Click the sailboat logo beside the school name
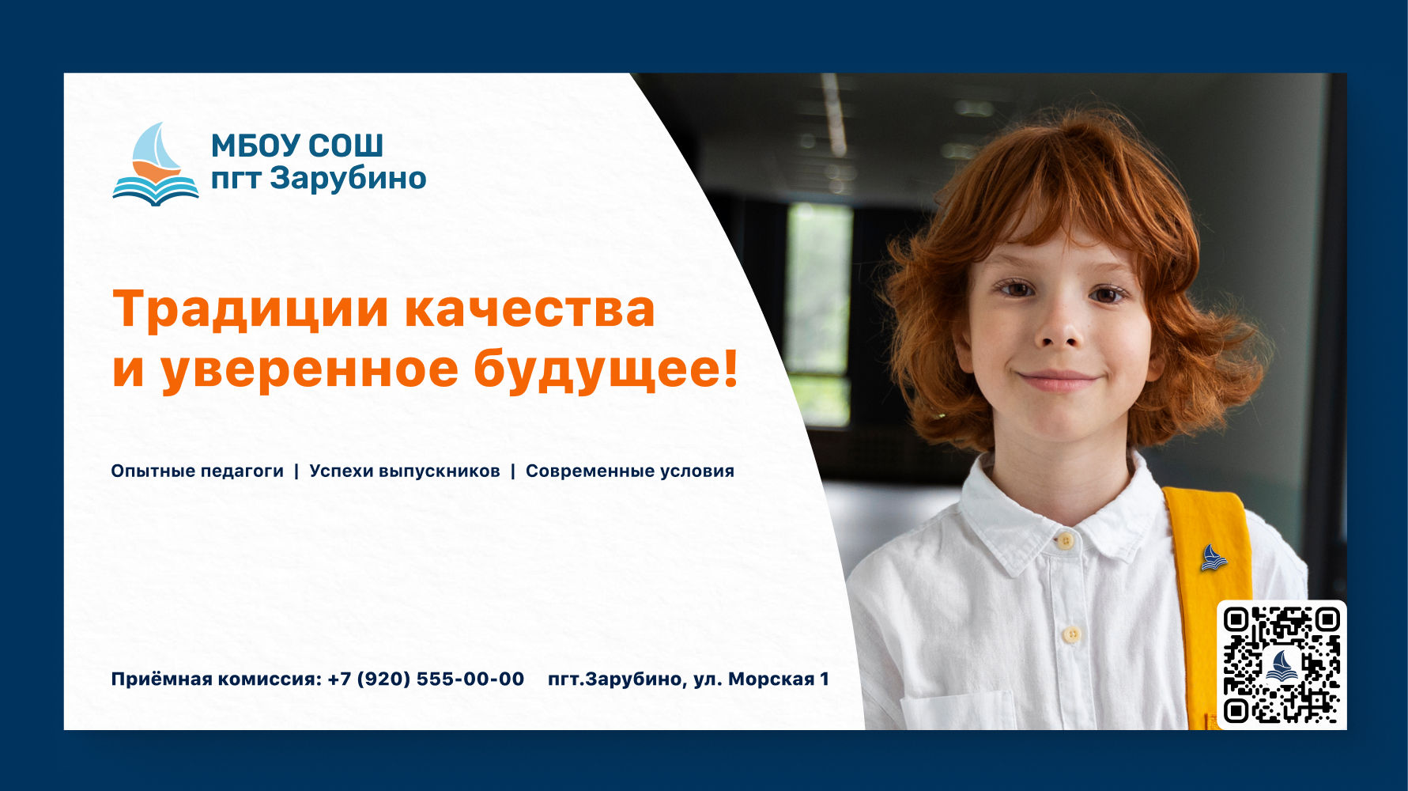(156, 165)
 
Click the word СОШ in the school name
(345, 146)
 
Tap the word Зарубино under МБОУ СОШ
(348, 179)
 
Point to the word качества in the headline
(530, 309)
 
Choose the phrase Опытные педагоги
(197, 471)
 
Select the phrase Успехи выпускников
(405, 471)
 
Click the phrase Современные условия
(630, 471)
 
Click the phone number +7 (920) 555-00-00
(425, 679)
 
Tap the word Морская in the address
(771, 679)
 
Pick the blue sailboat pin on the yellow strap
(1213, 558)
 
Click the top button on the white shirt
(1066, 541)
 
